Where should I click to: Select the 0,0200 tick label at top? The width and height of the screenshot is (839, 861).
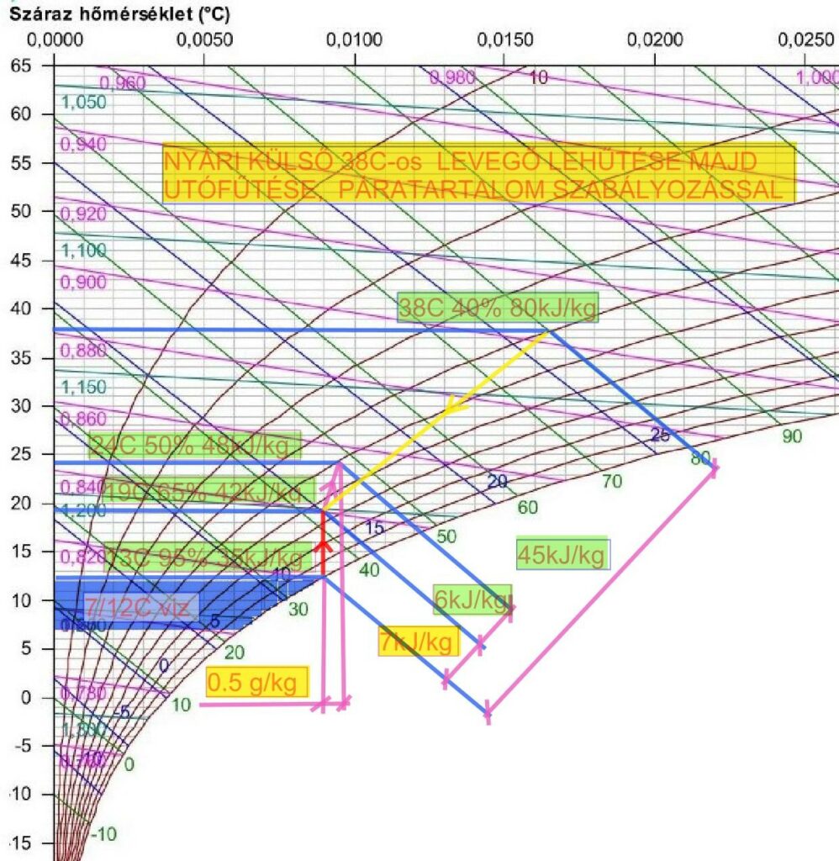[654, 40]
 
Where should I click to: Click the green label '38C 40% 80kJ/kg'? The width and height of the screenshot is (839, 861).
[498, 309]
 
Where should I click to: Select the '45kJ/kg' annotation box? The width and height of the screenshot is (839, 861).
[562, 554]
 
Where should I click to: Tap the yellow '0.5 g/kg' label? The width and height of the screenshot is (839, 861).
[256, 683]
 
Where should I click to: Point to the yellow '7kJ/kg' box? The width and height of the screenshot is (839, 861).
[419, 642]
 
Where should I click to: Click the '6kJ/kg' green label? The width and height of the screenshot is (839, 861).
[472, 599]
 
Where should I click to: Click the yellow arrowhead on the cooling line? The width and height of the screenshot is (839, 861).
[455, 407]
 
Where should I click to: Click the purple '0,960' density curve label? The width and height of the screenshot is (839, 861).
[123, 82]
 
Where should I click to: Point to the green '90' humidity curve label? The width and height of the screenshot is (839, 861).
[792, 436]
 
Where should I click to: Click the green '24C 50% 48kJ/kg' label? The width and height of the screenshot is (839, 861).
[193, 446]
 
